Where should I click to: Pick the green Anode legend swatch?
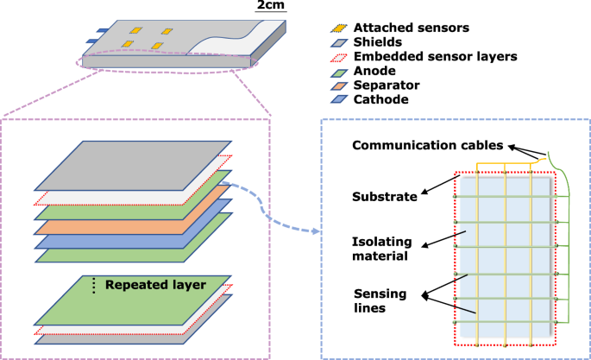(340, 72)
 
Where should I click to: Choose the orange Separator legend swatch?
(340, 86)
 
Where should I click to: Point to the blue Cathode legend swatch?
(340, 100)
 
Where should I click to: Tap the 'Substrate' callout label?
(387, 197)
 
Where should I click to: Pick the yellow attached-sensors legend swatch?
(340, 28)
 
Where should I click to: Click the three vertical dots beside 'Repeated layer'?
(93, 284)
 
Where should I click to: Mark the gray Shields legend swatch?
(340, 42)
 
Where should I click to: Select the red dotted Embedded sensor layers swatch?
(340, 57)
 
